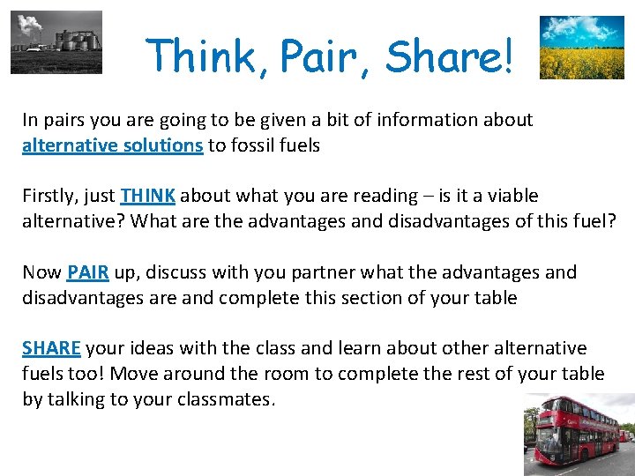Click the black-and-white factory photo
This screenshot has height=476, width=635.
coord(56,42)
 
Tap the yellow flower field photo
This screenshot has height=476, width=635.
coord(581,48)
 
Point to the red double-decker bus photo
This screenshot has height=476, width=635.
coord(579,435)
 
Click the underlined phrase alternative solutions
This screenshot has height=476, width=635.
coord(112,145)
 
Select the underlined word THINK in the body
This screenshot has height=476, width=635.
coord(149,196)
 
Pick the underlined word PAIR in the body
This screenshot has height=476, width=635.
coord(87,272)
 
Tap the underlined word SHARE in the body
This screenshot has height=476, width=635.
coord(51,348)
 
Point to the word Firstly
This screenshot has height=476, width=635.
coord(49,196)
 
